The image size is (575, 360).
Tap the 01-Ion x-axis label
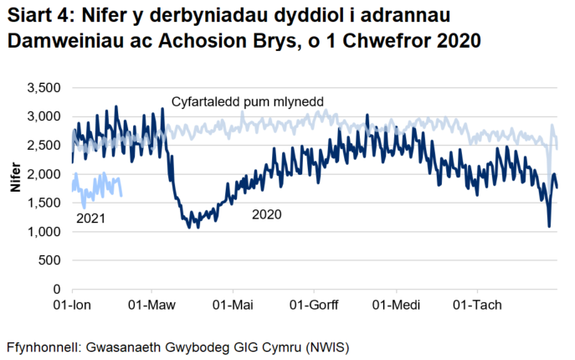click(72, 305)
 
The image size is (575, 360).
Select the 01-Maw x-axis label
click(151, 305)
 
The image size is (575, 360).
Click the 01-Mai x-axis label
click(233, 305)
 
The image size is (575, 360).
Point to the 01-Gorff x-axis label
click(313, 305)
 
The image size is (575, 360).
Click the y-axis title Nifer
click(16, 181)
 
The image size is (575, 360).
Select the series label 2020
click(267, 214)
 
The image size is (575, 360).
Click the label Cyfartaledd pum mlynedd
click(248, 102)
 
